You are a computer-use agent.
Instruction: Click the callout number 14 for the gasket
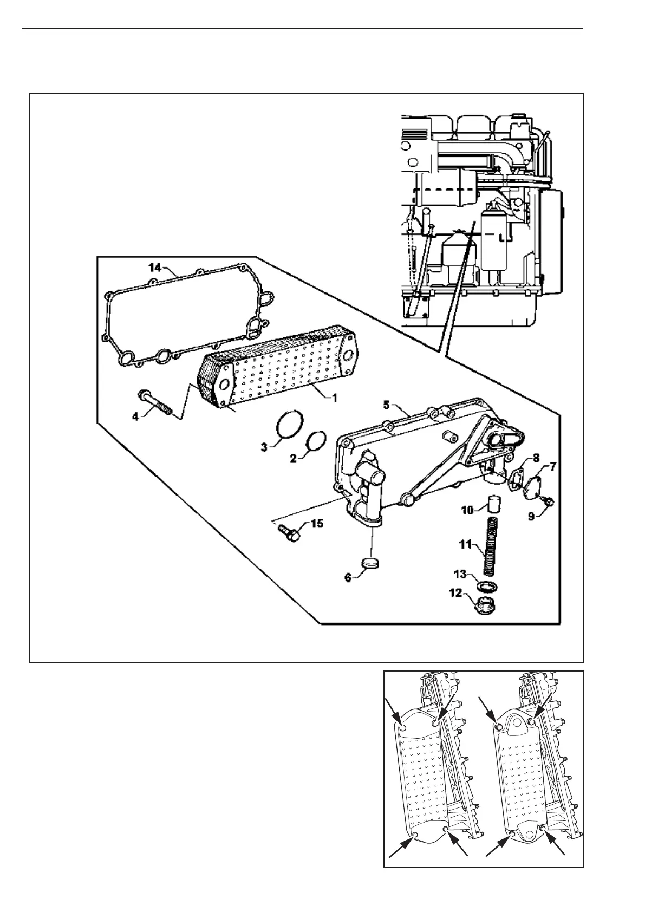(x=155, y=266)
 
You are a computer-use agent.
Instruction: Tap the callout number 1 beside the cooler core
(x=335, y=398)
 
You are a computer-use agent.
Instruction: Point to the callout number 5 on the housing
(x=386, y=404)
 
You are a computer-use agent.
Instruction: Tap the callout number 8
(x=535, y=458)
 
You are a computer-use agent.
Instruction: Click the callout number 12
(x=455, y=593)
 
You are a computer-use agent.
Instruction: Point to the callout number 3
(x=264, y=447)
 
